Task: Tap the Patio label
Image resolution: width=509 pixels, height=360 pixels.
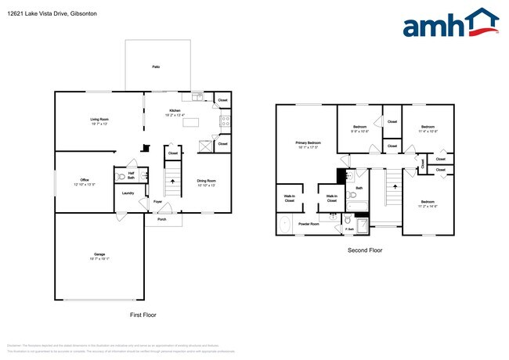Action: coord(156,68)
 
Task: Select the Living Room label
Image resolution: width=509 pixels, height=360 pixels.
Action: coord(99,121)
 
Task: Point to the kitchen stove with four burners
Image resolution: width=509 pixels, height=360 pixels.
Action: coord(224,121)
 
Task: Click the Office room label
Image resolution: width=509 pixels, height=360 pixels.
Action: coord(84,182)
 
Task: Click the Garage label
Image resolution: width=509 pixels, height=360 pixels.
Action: coord(99,256)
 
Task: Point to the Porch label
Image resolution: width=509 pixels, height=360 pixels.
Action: coord(162,219)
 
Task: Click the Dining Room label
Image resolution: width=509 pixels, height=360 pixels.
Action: coord(207,183)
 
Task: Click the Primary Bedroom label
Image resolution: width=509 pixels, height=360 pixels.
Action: coord(306,145)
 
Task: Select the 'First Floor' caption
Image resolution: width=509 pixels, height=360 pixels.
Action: coord(143,315)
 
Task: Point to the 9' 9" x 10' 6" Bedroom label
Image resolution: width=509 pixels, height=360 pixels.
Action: coord(360,128)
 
